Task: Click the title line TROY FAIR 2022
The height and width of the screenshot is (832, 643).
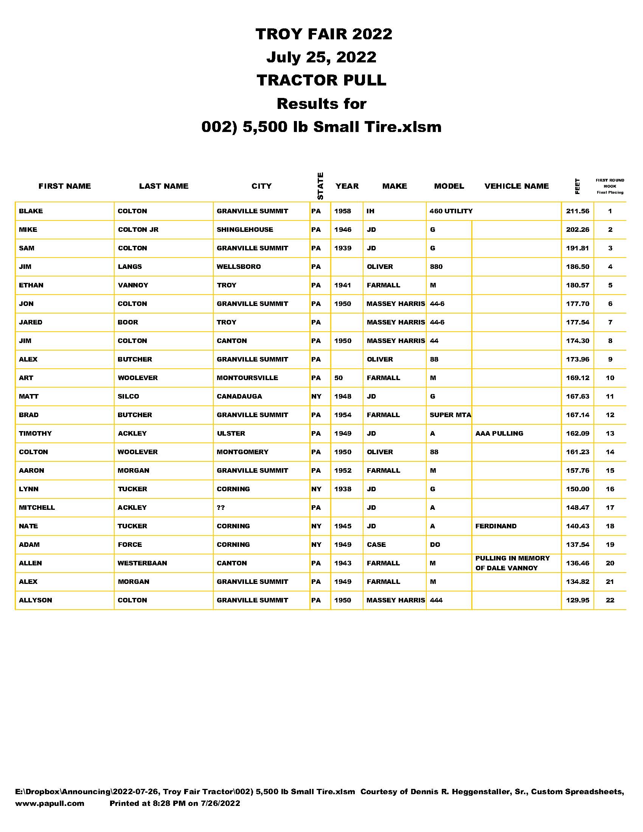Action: pyautogui.click(x=323, y=34)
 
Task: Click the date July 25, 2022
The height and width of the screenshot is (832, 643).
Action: pyautogui.click(x=321, y=57)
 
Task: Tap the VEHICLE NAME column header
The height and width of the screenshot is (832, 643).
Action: pyautogui.click(x=516, y=186)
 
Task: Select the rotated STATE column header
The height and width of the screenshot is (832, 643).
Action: pyautogui.click(x=320, y=186)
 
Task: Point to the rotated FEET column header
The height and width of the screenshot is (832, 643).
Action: pyautogui.click(x=577, y=186)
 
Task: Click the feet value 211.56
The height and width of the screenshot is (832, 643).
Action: pyautogui.click(x=577, y=211)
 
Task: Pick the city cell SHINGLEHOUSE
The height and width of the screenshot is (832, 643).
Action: pyautogui.click(x=245, y=230)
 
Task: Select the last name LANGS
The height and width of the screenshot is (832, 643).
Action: pyautogui.click(x=129, y=267)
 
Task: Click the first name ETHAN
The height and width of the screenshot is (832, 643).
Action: pyautogui.click(x=31, y=285)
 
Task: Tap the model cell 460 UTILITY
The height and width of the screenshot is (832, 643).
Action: pyautogui.click(x=451, y=211)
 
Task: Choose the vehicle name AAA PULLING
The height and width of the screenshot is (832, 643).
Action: pyautogui.click(x=499, y=433)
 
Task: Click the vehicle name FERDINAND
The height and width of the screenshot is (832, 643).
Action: pyautogui.click(x=495, y=526)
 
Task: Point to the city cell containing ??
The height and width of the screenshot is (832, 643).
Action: pyautogui.click(x=221, y=508)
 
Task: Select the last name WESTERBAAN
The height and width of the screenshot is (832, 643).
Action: pyautogui.click(x=142, y=563)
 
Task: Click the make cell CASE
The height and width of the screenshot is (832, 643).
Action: pyautogui.click(x=376, y=545)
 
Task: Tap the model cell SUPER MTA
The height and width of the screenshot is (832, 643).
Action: pyautogui.click(x=450, y=415)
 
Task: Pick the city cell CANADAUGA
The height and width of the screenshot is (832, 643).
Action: pyautogui.click(x=239, y=397)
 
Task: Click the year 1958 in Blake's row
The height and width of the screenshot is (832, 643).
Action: pyautogui.click(x=342, y=211)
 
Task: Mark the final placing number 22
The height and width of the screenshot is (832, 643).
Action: pyautogui.click(x=609, y=601)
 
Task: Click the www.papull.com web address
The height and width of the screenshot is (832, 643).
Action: pyautogui.click(x=50, y=803)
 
